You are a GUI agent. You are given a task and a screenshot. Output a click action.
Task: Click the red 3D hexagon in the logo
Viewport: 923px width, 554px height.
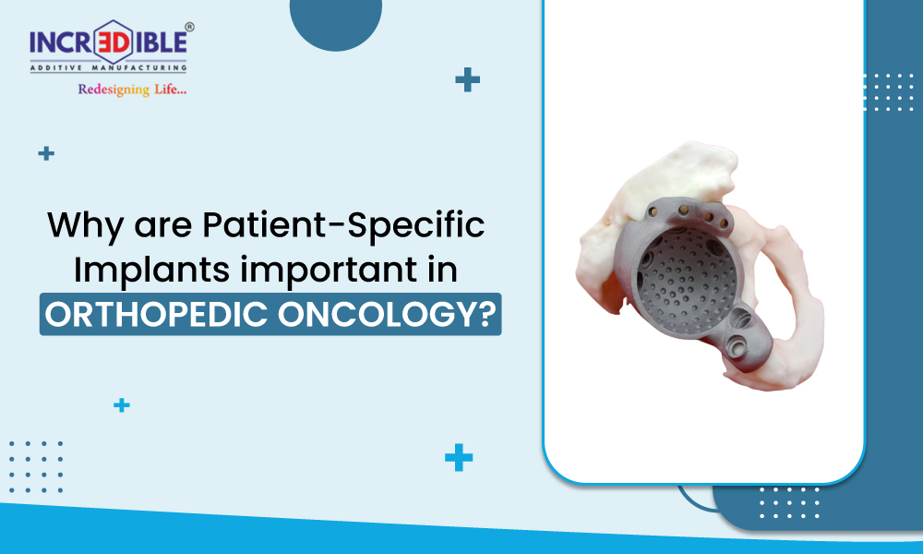tap(113, 42)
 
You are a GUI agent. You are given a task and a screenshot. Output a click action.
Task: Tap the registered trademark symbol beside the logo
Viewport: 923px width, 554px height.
tap(189, 27)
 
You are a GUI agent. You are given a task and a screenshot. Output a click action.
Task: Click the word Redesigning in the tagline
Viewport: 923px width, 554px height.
tap(114, 90)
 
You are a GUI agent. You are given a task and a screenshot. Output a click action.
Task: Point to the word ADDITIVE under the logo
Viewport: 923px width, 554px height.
tap(57, 67)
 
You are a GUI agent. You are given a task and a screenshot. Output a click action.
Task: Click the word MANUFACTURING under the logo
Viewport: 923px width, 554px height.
tap(139, 67)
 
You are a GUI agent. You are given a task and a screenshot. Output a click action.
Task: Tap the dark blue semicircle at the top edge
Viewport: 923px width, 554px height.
tap(336, 24)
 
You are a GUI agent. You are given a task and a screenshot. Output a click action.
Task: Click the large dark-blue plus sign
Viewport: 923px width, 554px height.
tap(467, 79)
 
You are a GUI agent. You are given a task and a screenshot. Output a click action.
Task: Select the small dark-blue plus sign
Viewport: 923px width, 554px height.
tap(46, 153)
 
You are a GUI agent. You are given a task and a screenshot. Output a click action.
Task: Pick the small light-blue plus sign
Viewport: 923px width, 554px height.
tap(121, 405)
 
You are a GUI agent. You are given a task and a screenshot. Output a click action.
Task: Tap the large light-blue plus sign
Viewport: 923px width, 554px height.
tap(459, 457)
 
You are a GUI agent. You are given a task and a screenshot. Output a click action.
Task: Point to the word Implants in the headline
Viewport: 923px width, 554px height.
tap(151, 271)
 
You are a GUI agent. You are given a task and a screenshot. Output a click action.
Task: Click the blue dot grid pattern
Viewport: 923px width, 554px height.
tap(36, 466)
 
